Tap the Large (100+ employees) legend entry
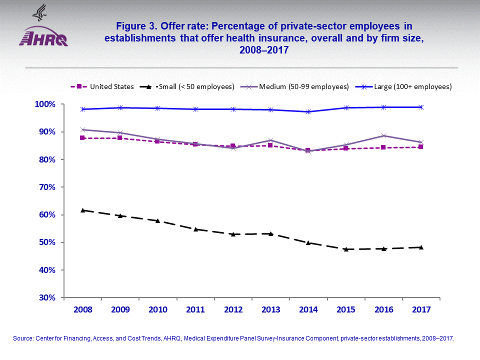(408, 86)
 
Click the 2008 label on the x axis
(82, 310)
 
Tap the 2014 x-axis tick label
(308, 310)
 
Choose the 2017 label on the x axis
(420, 310)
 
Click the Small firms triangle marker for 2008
(82, 210)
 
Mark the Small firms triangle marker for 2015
(345, 249)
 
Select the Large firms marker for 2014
(308, 111)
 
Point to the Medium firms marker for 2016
(383, 135)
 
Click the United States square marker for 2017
(421, 147)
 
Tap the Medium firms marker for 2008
(82, 129)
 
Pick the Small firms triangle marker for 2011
(195, 229)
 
